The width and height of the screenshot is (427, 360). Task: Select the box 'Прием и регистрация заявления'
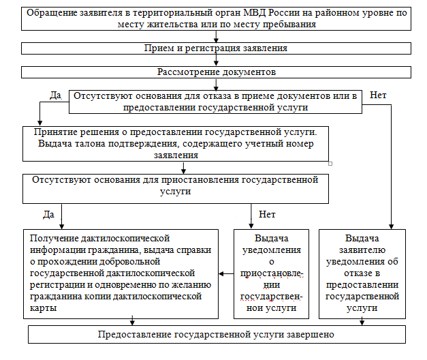click(215, 48)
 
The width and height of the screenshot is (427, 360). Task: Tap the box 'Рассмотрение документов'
click(215, 72)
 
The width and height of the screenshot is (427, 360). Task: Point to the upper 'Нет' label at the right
click(377, 95)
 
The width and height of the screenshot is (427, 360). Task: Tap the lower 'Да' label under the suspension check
click(48, 215)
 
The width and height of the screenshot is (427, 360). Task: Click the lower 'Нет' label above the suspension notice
click(267, 215)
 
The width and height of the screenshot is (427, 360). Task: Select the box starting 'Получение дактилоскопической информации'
click(120, 273)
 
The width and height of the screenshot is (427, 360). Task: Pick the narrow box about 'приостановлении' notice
click(270, 273)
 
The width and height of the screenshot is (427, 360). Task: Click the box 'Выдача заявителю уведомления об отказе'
click(362, 273)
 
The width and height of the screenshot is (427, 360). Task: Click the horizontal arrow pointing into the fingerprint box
click(225, 273)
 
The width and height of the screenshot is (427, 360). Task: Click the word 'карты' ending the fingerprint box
click(43, 308)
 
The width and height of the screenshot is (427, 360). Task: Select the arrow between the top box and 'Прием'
click(215, 36)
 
